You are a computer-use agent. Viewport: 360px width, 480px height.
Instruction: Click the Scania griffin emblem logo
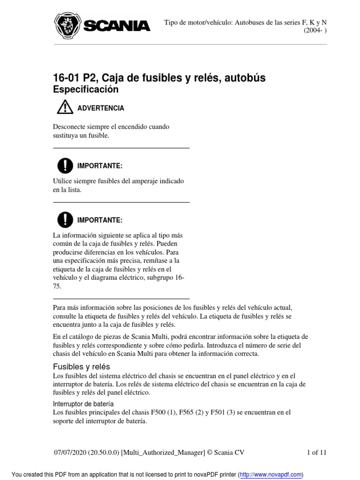point(67,25)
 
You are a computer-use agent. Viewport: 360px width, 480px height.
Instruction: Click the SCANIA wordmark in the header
point(117,26)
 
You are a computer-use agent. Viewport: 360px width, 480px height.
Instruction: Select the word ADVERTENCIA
point(101,108)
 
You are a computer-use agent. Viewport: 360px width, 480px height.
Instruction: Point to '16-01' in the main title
point(67,77)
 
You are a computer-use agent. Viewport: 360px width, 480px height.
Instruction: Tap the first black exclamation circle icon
point(65,165)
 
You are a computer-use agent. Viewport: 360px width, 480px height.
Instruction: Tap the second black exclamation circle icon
point(65,220)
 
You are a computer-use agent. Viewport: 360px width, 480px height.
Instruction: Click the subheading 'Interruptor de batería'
point(83,404)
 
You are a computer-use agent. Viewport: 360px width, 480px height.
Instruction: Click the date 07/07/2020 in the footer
point(72,452)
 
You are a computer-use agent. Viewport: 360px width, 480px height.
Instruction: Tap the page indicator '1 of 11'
point(316,452)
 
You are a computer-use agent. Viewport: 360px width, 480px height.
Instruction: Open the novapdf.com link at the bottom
point(270,474)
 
